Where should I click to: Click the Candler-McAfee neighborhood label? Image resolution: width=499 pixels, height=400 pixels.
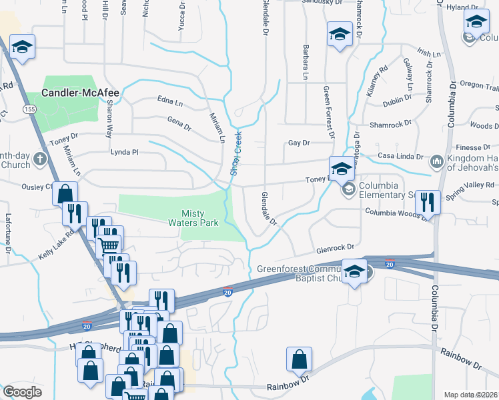click(x=80, y=93)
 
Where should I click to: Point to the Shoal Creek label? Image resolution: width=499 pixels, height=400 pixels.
click(x=235, y=153)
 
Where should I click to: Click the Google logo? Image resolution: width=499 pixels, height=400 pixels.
click(x=22, y=392)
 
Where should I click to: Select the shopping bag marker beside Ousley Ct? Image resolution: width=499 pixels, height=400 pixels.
click(x=65, y=194)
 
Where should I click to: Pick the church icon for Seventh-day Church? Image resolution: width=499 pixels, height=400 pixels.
click(x=39, y=160)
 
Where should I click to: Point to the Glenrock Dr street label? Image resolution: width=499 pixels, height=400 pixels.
click(x=333, y=246)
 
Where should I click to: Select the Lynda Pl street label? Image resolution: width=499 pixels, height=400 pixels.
click(x=125, y=153)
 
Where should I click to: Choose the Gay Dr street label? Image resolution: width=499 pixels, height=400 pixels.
click(x=300, y=143)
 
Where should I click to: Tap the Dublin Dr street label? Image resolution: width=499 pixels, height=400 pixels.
click(x=397, y=101)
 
